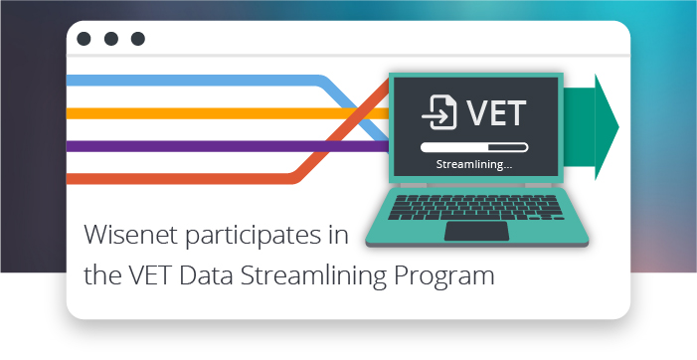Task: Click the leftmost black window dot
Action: pos(85,39)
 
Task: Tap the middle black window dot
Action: pos(111,39)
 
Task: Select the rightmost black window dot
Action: pos(138,39)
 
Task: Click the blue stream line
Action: pos(199,80)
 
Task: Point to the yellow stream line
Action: pos(199,113)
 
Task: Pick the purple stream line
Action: pos(199,146)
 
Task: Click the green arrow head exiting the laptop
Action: pos(605,126)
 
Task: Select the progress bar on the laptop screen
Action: pos(474,146)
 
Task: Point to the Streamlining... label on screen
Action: pos(474,164)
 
